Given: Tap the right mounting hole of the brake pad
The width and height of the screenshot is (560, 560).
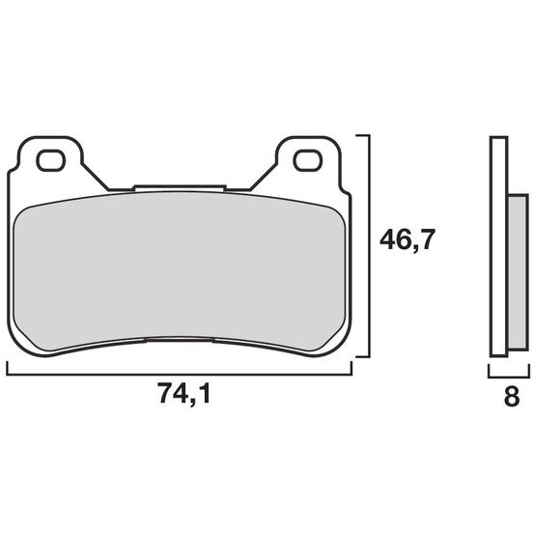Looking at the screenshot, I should click(307, 159).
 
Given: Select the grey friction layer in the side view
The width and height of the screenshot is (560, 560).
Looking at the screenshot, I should click(517, 272).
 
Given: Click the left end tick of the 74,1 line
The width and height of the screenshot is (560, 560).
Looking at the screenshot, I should click(8, 368).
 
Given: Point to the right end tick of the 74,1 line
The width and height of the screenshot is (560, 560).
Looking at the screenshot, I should click(352, 368).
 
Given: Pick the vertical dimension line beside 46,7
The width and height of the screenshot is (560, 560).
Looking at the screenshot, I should click(368, 246).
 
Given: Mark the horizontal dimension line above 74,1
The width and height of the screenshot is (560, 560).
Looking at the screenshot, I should click(180, 373).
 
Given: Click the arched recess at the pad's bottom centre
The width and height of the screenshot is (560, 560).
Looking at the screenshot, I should click(180, 339).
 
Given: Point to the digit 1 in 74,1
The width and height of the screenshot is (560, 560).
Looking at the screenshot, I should click(206, 394).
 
